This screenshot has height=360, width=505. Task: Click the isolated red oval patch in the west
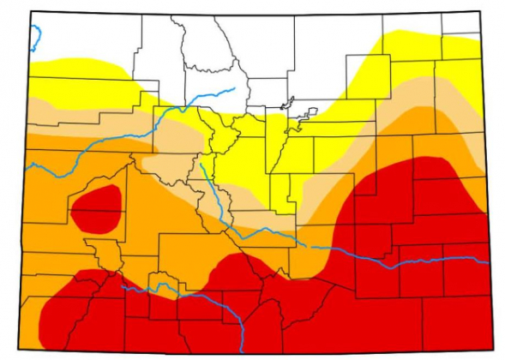click(95, 208)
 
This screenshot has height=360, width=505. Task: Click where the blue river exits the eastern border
click(489, 261)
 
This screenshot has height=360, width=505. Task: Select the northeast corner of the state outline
click(476, 12)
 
